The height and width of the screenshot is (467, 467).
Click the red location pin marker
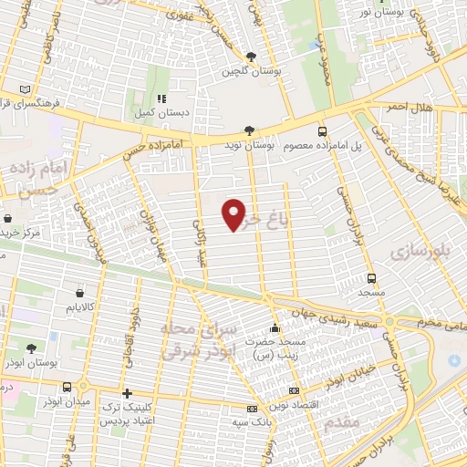coord(234,214)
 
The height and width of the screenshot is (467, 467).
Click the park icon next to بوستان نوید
coord(251,130)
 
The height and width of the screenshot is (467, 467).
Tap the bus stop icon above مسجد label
coord(371,277)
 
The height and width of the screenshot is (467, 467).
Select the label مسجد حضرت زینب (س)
coord(275,346)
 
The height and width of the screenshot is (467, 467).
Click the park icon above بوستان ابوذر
coord(32,348)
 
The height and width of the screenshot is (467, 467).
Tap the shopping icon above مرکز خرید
coord(8,220)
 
